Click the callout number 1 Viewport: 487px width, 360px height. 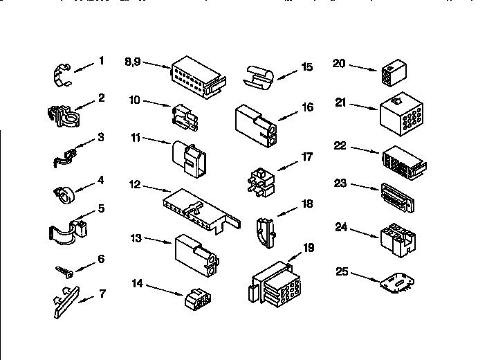coord(101,61)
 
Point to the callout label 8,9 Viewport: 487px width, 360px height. coord(134,61)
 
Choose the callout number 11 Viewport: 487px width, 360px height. coord(136,138)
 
